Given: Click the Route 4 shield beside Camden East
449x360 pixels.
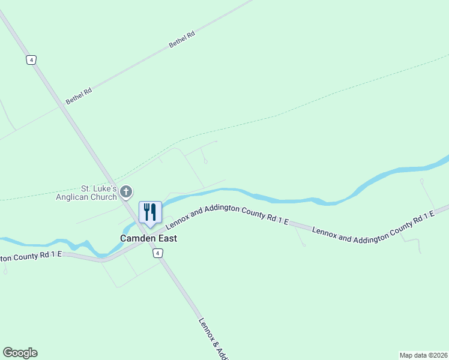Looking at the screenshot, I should [157, 254].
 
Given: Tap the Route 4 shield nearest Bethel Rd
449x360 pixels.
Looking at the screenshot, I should [31, 59].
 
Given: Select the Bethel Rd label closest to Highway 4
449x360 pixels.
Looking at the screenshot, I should [79, 96].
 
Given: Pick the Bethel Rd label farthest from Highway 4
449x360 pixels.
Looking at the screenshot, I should [182, 40].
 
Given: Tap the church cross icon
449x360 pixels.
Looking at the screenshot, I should [126, 192].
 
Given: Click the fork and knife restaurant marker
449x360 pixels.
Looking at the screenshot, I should [150, 212].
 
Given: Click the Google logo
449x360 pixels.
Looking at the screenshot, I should [20, 353].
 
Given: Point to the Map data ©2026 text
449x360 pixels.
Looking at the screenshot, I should [423, 355].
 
